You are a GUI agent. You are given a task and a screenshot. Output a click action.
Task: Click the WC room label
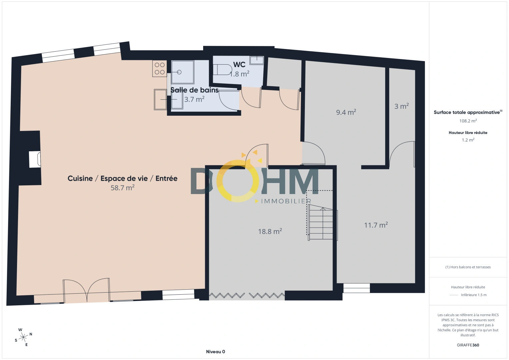coord(239,65)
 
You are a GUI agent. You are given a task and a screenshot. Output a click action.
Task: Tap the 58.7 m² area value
coord(122,188)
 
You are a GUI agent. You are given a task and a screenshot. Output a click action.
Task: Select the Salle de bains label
coord(194,90)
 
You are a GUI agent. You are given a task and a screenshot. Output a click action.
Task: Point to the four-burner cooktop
coord(159,69)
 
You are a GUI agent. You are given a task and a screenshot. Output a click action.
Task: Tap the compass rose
coord(23,337)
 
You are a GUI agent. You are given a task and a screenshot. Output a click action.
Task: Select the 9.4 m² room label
coord(346,112)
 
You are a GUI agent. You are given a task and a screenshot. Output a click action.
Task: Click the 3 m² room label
coord(401,106)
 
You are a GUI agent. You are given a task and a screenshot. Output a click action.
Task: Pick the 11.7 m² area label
coord(376,225)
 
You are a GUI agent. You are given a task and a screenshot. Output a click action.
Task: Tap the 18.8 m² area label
coord(270,231)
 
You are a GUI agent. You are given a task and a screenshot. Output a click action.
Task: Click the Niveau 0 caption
coord(215,352)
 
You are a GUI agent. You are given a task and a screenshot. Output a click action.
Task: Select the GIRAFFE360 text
coord(468,345)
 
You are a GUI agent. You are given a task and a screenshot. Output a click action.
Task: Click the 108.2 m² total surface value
coord(468,121)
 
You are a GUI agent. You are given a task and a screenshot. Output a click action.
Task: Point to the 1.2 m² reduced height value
coord(468,140)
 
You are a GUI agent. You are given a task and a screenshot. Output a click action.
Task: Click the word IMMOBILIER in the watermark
coord(286,201)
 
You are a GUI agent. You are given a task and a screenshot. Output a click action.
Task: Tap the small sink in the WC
coord(257,60)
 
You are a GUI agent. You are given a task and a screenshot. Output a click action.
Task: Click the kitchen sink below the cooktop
coord(160,99)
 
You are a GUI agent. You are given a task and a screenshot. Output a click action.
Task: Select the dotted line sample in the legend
coord(454,295)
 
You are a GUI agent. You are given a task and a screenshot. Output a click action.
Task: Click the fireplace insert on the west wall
coord(35,159)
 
